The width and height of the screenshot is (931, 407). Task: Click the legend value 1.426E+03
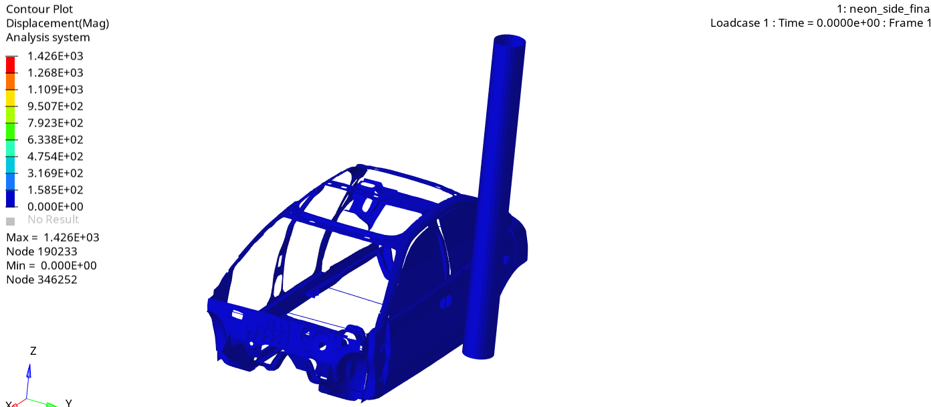pos(55,56)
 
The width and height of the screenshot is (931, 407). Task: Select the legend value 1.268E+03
pos(55,73)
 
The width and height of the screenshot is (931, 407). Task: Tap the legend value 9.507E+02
pos(55,106)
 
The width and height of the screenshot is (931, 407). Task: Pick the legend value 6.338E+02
pos(55,140)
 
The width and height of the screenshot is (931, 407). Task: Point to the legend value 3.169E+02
pos(55,173)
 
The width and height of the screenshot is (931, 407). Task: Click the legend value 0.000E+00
pos(55,207)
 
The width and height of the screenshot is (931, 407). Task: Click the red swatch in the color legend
pos(10,64)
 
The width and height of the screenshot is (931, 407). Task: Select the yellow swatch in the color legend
pos(10,98)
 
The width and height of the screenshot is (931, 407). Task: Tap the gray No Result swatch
pos(10,220)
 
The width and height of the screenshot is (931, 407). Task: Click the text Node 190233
pos(41,252)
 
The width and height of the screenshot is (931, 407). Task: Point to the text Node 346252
pos(41,280)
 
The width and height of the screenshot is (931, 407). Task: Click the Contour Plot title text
pos(39,9)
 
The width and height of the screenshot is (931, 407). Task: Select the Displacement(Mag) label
pos(58,23)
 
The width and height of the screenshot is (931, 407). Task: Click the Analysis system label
pos(47,37)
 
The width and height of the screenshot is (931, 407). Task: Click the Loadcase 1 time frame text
pos(820,23)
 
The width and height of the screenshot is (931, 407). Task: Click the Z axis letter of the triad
pos(33,351)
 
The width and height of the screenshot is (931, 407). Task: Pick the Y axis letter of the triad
pos(68,403)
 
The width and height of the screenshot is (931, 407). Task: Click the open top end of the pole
pos(510,40)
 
